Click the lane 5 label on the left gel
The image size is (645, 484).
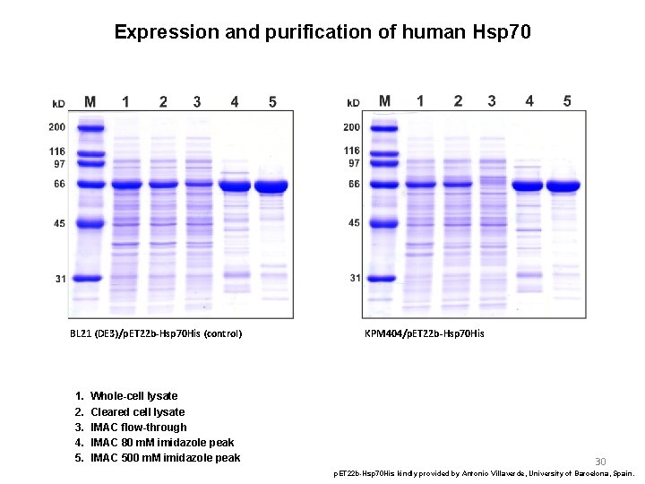[272, 102]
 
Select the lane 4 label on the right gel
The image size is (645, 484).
[529, 101]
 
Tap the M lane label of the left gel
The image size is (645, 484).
[90, 102]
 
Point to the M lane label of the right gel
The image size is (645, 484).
[384, 101]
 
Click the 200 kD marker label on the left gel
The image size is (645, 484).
[56, 127]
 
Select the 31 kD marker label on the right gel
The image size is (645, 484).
[355, 278]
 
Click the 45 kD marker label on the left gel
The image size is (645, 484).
[58, 223]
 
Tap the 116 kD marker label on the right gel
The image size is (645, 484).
[352, 151]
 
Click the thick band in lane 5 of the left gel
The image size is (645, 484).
[271, 186]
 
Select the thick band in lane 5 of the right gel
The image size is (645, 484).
[564, 186]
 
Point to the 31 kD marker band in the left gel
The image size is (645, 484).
[90, 278]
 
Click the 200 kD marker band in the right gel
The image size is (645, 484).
[385, 127]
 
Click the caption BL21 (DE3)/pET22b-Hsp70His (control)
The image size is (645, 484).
[156, 334]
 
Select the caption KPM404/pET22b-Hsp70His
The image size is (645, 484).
[425, 333]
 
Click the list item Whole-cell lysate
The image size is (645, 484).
[133, 396]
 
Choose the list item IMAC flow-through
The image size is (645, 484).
[138, 428]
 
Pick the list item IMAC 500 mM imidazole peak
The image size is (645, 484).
[165, 458]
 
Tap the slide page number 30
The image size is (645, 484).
[600, 462]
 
